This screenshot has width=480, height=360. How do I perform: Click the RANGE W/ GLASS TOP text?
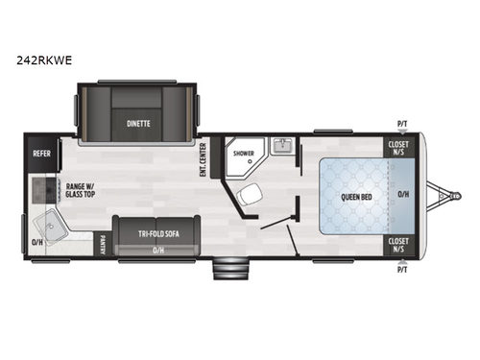click(x=80, y=190)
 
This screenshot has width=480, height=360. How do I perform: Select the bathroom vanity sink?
click(x=281, y=147)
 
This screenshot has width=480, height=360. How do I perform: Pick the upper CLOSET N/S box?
click(x=397, y=147)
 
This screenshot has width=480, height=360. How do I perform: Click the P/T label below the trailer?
click(x=401, y=270)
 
